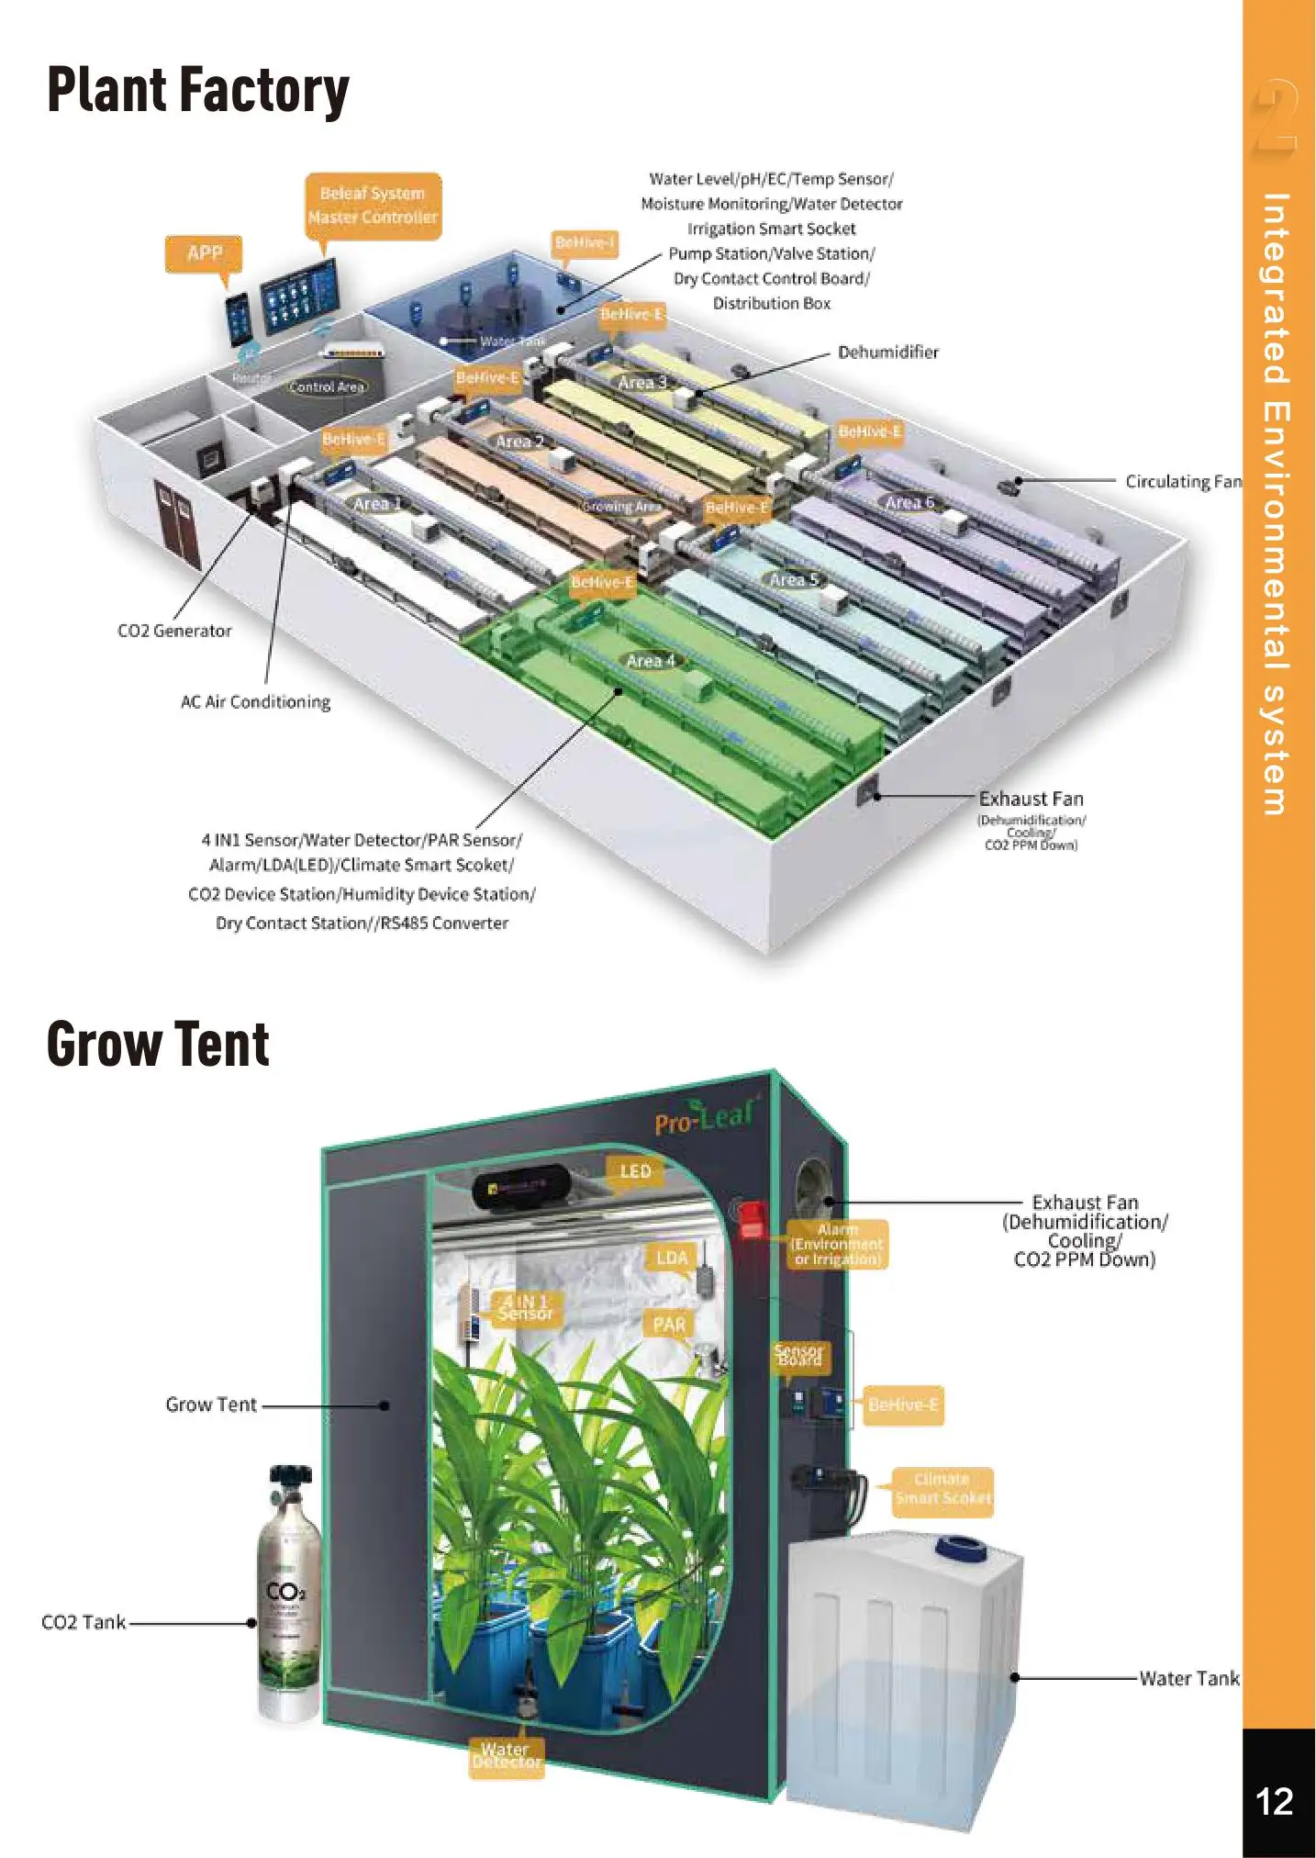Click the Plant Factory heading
[197, 91]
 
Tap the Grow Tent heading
[158, 1045]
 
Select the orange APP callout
[204, 253]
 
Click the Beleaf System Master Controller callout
[373, 206]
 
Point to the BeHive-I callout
[585, 243]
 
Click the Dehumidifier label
[887, 353]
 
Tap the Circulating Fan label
[1183, 482]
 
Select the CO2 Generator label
[174, 632]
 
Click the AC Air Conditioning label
[255, 702]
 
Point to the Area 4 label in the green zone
[650, 661]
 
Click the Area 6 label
[909, 502]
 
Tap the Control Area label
[327, 387]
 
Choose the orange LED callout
[635, 1172]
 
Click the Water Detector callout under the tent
[506, 1756]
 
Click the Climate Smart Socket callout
[942, 1488]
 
